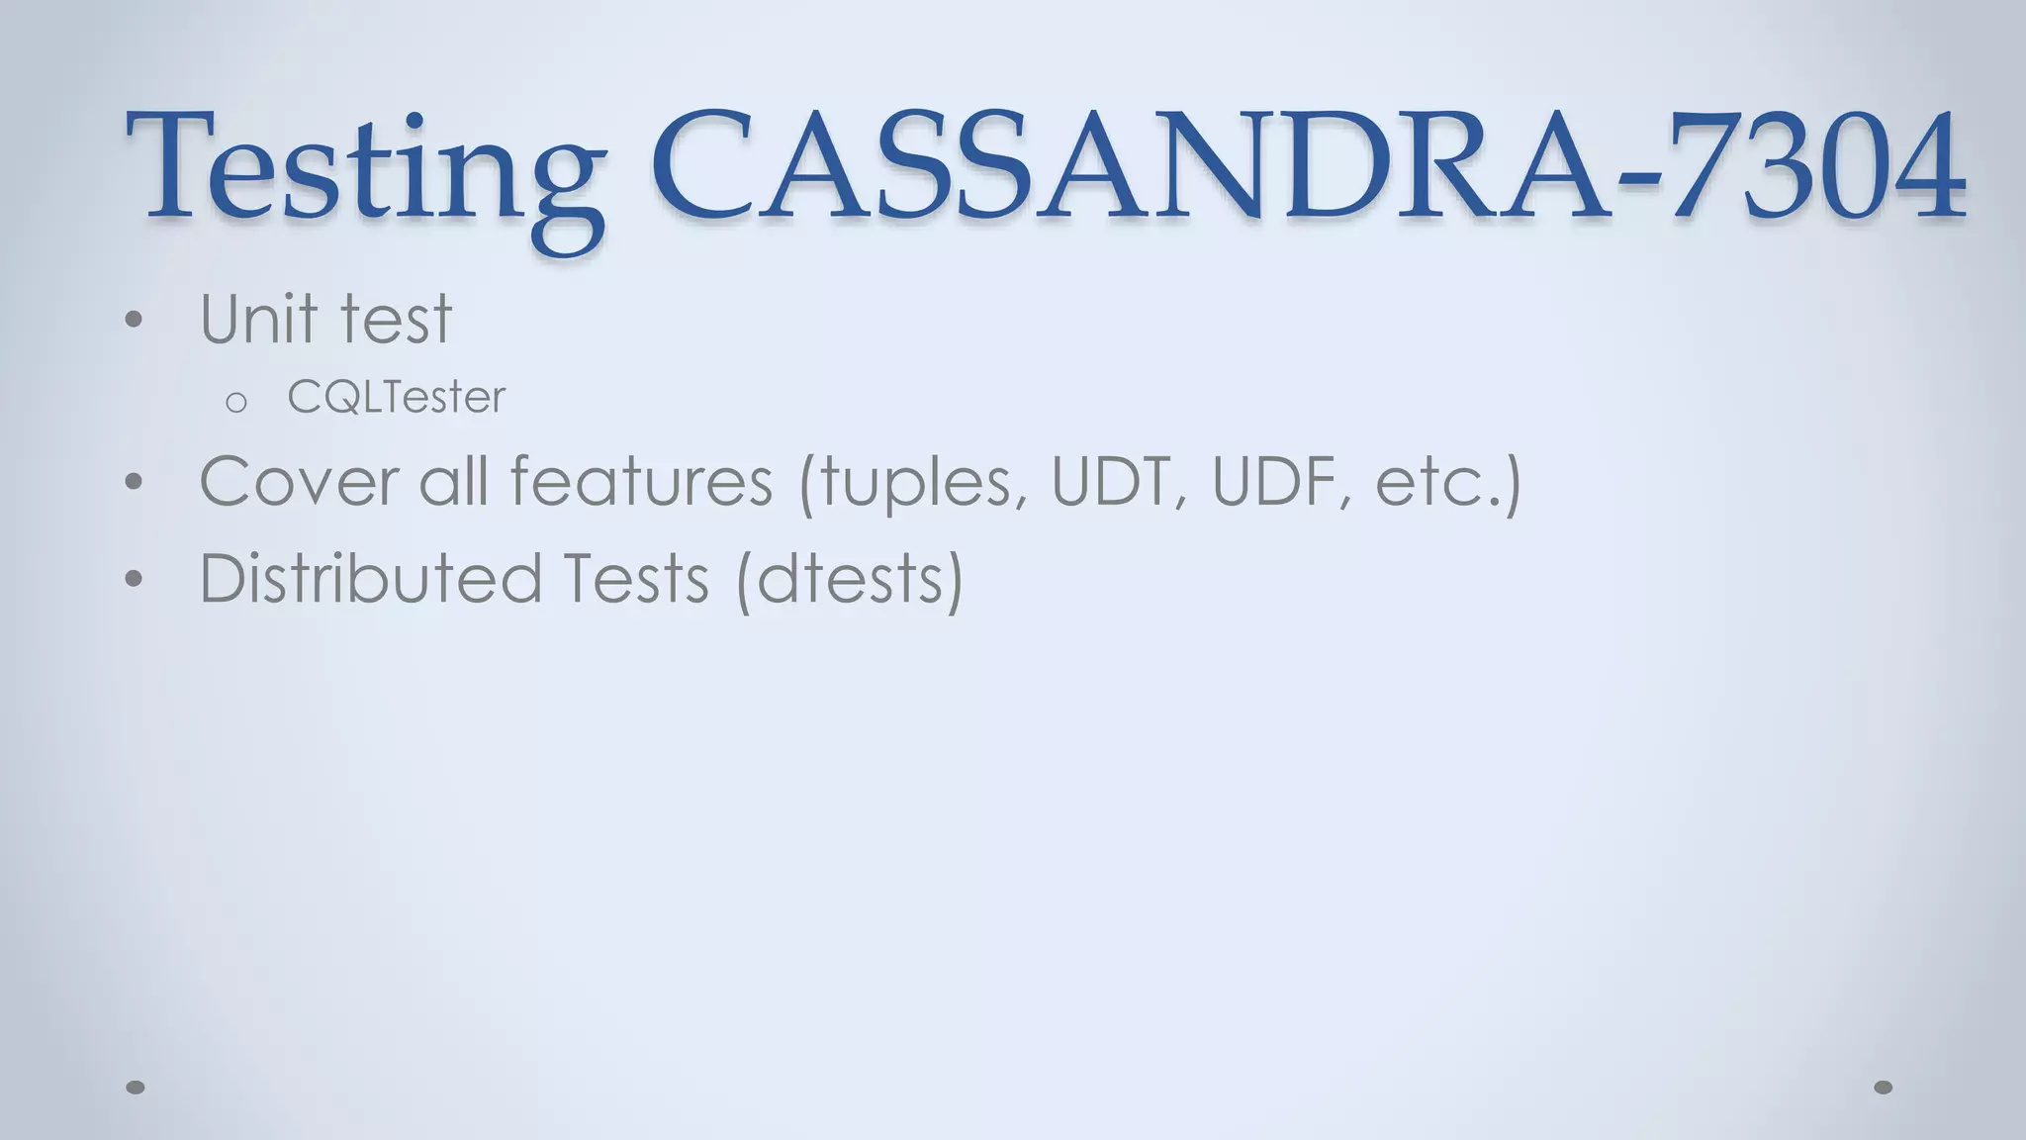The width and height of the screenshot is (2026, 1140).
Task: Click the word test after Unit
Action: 396,321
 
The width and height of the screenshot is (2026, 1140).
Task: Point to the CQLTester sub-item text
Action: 396,398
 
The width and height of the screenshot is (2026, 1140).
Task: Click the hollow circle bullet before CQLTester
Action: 235,403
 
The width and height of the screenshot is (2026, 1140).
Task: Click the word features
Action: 641,482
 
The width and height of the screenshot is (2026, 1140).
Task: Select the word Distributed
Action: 371,579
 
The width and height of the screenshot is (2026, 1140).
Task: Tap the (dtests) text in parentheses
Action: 850,581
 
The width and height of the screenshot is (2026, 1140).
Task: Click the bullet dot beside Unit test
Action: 135,320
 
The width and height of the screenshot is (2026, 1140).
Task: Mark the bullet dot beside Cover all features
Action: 135,483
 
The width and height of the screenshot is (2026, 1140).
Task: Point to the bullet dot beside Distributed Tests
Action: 135,580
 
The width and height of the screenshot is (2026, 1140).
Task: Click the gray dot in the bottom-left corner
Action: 136,1088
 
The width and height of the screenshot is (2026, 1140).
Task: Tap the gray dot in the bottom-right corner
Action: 1884,1088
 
